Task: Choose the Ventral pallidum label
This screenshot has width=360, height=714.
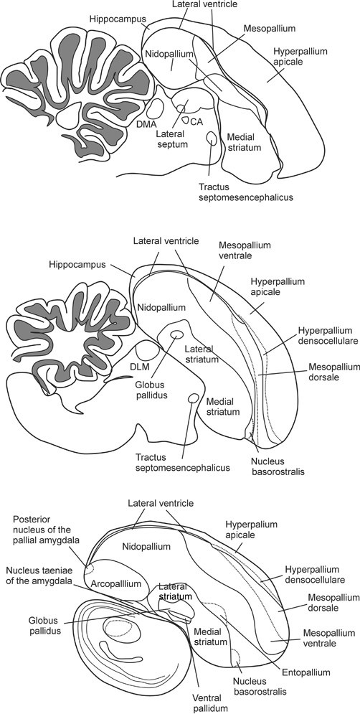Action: (x=212, y=701)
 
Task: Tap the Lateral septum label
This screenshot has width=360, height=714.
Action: (x=172, y=138)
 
